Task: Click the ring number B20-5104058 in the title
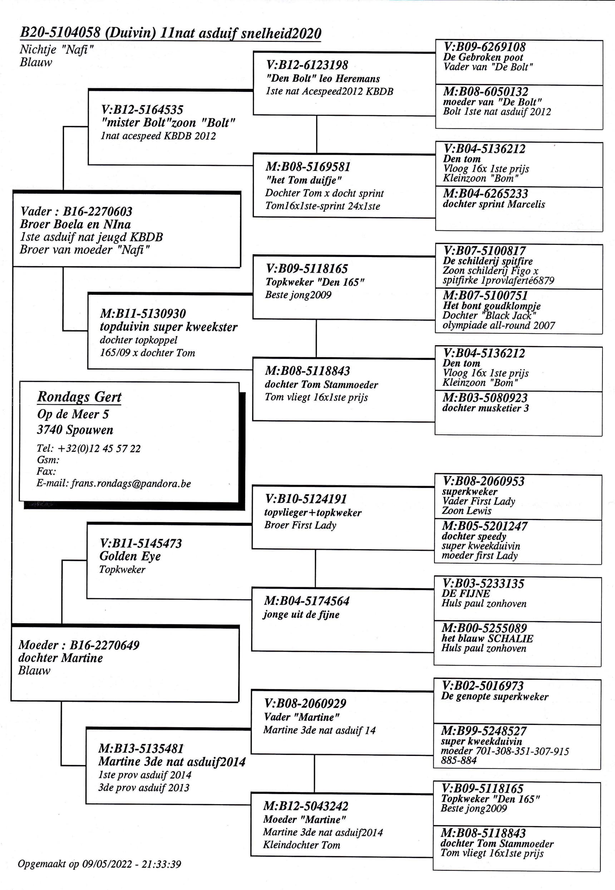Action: tap(60, 33)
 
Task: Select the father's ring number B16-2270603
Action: tap(98, 212)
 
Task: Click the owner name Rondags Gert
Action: tap(79, 397)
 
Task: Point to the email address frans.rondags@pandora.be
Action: tap(131, 484)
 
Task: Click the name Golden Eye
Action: tap(130, 556)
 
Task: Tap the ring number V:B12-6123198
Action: tap(307, 65)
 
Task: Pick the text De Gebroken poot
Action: tap(483, 58)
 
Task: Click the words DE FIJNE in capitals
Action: tap(466, 593)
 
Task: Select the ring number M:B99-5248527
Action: tap(484, 731)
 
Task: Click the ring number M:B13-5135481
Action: tap(141, 748)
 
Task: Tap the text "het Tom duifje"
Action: tap(304, 180)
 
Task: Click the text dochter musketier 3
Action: tap(486, 408)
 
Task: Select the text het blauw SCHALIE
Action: tap(487, 638)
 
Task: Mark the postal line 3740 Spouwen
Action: tap(75, 430)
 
